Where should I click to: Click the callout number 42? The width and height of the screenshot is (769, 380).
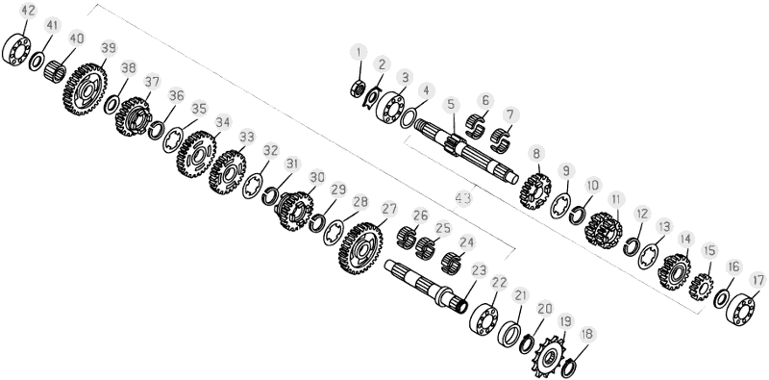point(29,11)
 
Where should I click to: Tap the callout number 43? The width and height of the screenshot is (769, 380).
point(462,198)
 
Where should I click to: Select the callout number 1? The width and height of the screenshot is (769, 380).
point(359,52)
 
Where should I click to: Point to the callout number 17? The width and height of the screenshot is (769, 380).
point(757,280)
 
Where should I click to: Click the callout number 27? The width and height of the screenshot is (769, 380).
point(389,209)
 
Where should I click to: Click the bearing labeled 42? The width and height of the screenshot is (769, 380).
point(16,49)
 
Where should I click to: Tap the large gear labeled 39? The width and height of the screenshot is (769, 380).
point(85,89)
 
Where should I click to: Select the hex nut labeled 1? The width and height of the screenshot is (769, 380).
point(358,89)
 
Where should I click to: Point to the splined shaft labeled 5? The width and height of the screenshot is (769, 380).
point(465,152)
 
